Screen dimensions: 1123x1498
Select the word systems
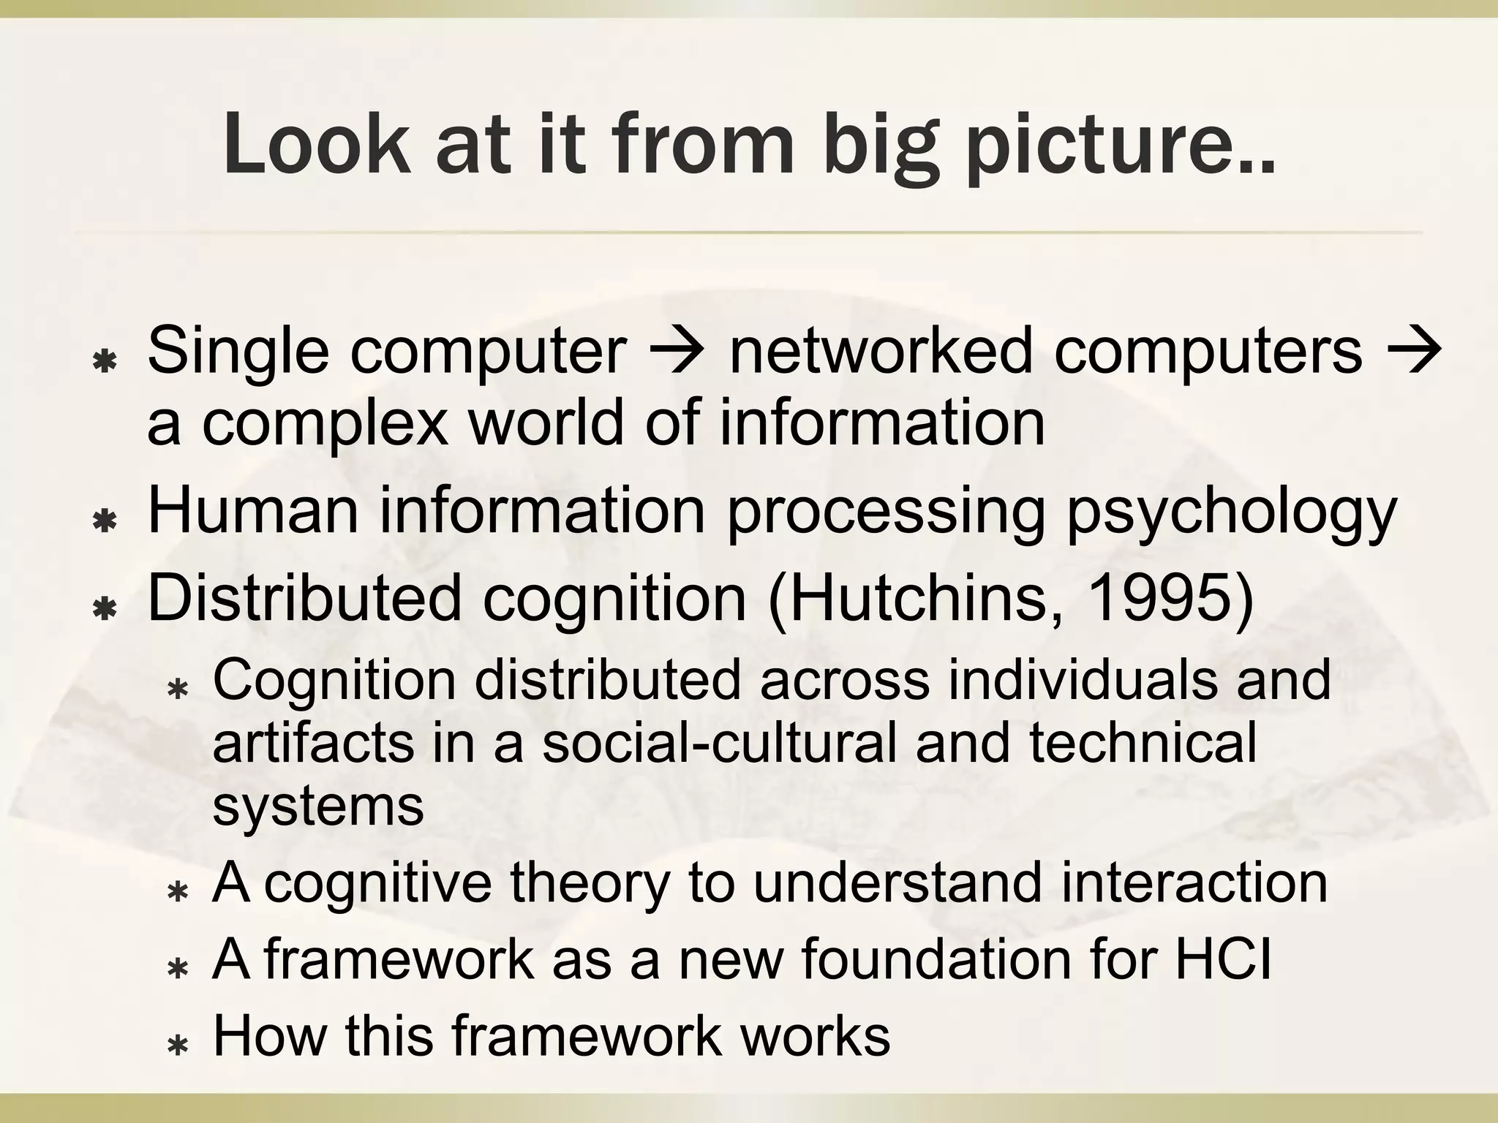coord(317,806)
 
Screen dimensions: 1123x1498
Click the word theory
coord(590,883)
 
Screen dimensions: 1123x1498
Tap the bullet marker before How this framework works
coord(178,1046)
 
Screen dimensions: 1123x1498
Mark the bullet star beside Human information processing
coord(106,521)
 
